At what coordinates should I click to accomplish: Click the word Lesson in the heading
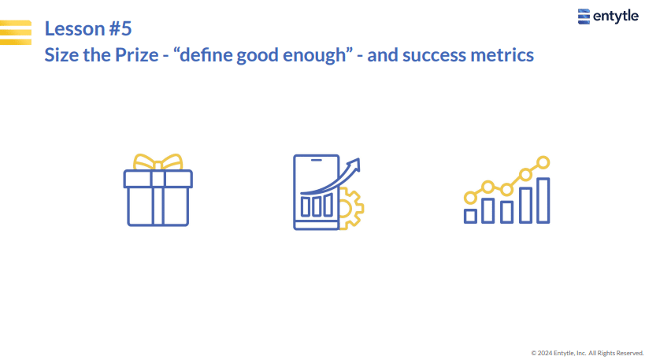tap(75, 28)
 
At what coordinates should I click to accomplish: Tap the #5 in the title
tap(120, 28)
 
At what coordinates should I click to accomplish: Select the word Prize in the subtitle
tap(136, 55)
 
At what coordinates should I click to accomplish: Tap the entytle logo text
tap(616, 17)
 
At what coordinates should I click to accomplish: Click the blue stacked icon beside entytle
tap(584, 17)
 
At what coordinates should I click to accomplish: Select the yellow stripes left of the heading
tap(16, 32)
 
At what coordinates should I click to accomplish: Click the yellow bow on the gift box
tap(158, 162)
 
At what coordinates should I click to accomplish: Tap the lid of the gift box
tap(158, 179)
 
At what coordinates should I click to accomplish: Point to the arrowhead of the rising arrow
tap(354, 164)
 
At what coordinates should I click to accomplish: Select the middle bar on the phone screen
tap(317, 206)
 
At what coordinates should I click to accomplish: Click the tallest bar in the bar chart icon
tap(543, 200)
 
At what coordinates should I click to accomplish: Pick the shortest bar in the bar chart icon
tap(470, 216)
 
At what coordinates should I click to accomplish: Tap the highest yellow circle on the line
tap(543, 162)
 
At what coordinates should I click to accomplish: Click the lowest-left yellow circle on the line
tap(470, 198)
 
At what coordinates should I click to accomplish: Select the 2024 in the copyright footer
tap(545, 353)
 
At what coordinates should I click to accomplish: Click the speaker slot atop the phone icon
tap(317, 160)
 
